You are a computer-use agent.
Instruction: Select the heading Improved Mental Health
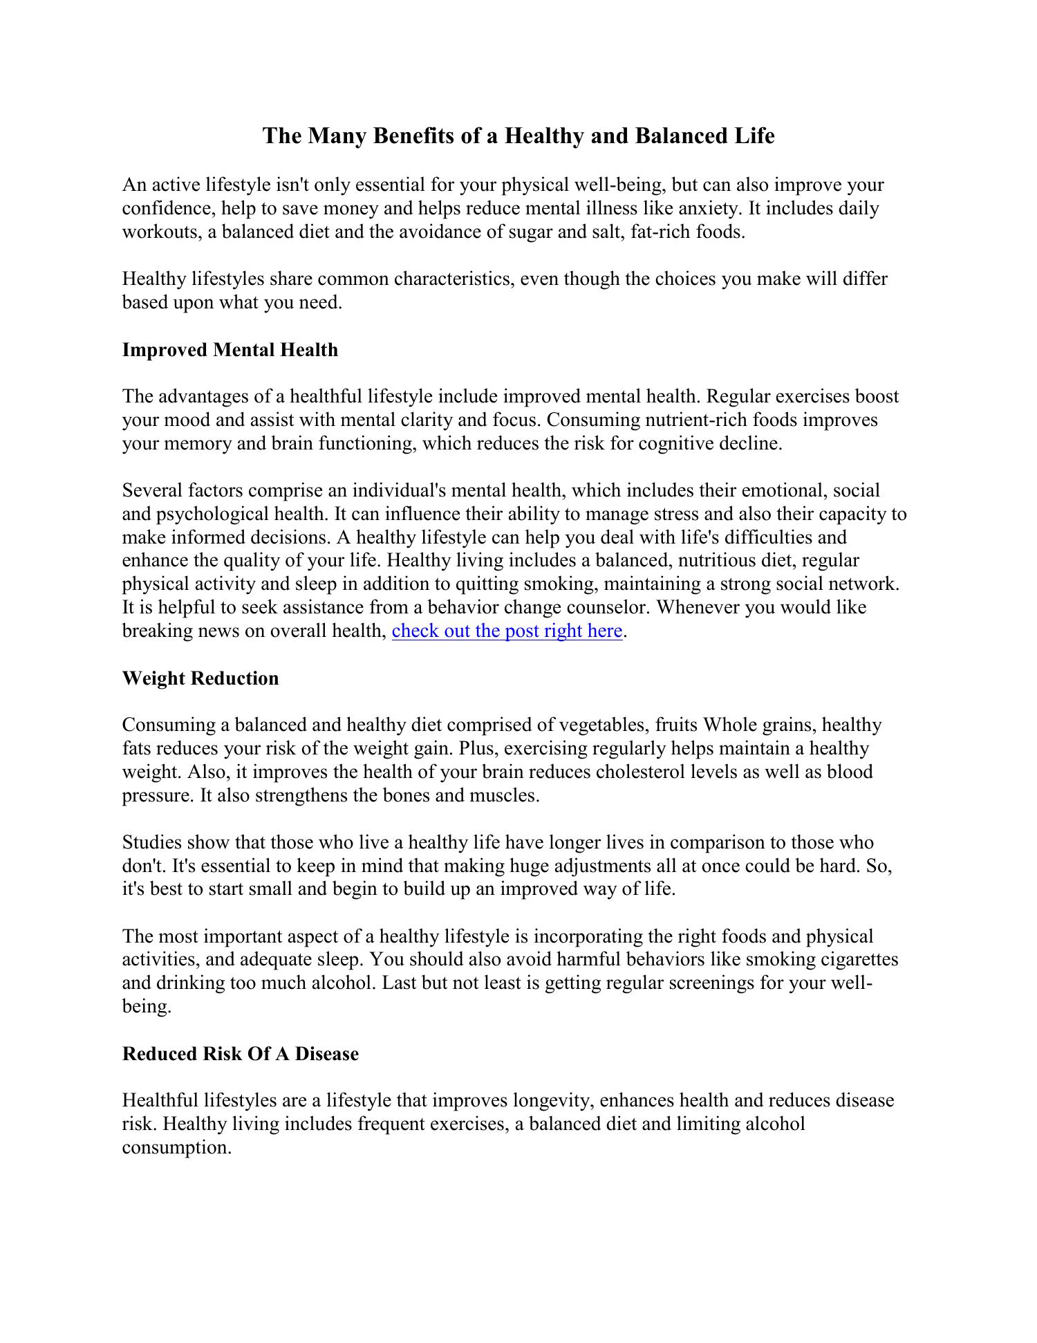[230, 350]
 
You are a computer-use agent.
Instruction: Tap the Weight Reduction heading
[200, 678]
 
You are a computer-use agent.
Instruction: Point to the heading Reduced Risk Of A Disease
[241, 1054]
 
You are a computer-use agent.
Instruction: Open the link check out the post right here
[507, 631]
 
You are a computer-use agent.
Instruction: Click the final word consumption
[176, 1148]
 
